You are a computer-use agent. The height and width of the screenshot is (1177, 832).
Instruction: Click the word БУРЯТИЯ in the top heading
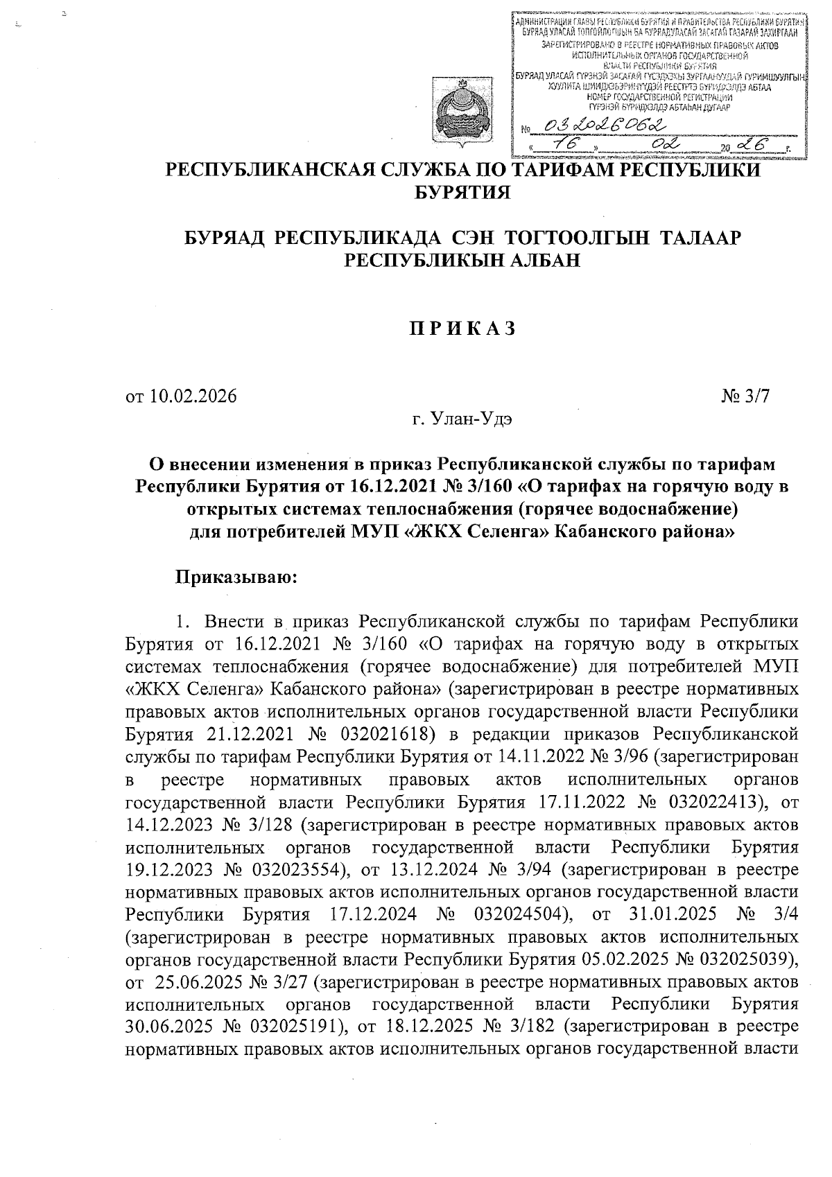point(462,191)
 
